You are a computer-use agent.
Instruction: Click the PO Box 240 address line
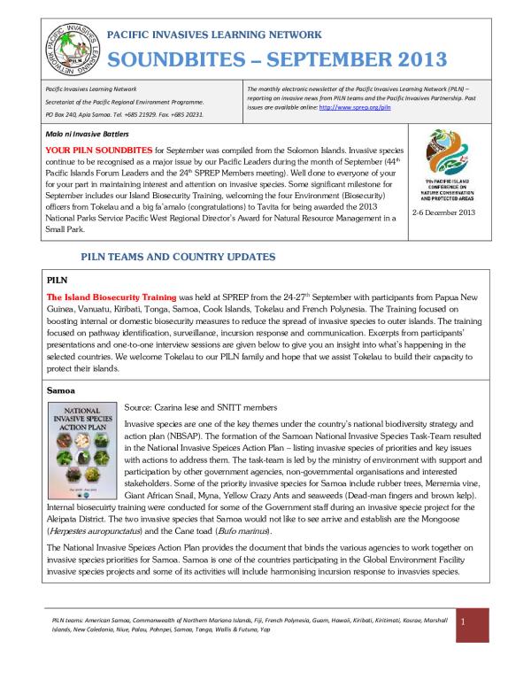coord(124,114)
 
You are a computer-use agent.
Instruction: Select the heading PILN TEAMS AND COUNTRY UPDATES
coord(178,256)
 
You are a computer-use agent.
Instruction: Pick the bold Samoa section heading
coord(62,390)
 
